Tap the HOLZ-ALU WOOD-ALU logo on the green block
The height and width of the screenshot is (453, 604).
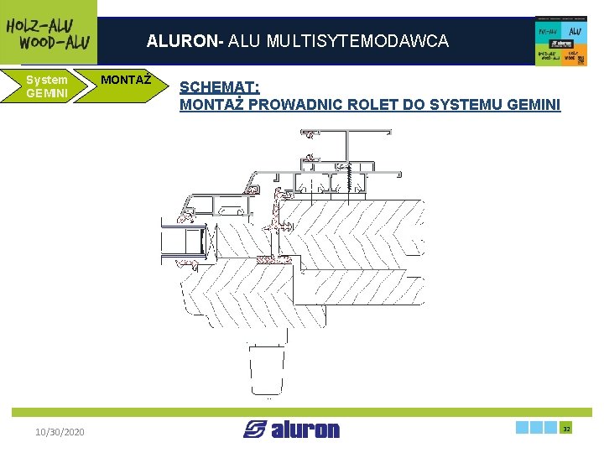click(x=49, y=33)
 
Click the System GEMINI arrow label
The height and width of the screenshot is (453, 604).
click(x=46, y=86)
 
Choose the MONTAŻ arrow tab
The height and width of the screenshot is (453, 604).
click(x=126, y=81)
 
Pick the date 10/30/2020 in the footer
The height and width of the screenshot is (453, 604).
click(x=60, y=431)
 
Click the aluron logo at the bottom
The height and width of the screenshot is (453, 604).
click(x=292, y=430)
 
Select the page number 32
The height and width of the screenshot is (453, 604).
click(x=566, y=428)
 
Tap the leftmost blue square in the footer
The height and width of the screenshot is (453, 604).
click(x=523, y=428)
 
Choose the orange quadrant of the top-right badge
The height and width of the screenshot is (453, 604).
click(x=575, y=56)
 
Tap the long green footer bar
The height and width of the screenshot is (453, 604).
click(x=302, y=412)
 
